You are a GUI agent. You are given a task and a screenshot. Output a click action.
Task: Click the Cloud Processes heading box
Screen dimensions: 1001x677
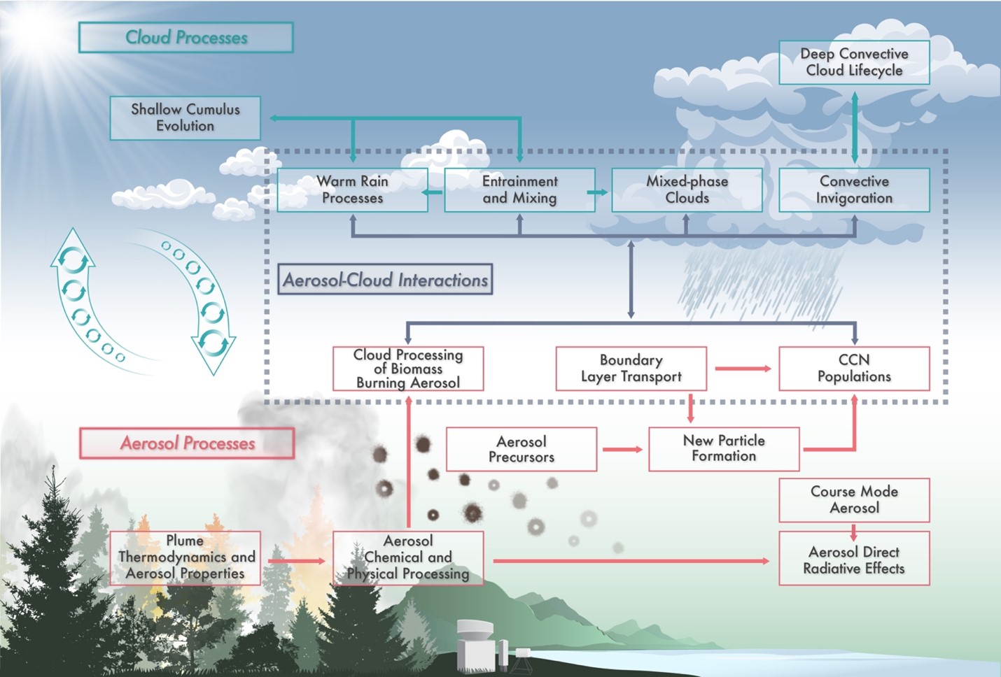pos(186,38)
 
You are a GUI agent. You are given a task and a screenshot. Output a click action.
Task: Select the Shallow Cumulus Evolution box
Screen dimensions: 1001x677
pos(185,118)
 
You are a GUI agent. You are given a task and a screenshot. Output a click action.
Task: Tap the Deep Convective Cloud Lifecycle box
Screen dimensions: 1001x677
pos(854,62)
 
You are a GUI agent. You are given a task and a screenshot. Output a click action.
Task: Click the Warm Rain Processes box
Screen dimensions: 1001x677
pos(352,190)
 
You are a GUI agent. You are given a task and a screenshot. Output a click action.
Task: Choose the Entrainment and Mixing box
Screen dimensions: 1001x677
pos(519,190)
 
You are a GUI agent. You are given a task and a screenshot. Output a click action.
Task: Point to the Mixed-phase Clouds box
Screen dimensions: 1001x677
pos(687,190)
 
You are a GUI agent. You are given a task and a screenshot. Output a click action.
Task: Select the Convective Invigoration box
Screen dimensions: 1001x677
pos(854,190)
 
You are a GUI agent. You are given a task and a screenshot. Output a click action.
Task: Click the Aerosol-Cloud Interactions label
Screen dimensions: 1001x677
pos(385,280)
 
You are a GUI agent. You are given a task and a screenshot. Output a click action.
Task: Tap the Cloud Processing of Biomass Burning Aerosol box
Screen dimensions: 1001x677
pos(408,369)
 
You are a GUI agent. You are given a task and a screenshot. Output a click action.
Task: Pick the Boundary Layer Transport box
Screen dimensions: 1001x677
pos(631,369)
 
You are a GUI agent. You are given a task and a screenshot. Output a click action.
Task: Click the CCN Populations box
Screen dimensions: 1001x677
pos(854,369)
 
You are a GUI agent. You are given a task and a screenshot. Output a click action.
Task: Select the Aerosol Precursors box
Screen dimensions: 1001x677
pos(521,449)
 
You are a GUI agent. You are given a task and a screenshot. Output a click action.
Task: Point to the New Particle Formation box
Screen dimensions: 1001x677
pos(724,449)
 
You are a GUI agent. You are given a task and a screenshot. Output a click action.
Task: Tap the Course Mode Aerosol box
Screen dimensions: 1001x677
pos(854,500)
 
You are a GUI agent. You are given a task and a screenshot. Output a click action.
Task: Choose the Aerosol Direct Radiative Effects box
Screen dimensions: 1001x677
pos(854,558)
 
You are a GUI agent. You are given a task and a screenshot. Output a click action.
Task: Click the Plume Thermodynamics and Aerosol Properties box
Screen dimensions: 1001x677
pos(185,558)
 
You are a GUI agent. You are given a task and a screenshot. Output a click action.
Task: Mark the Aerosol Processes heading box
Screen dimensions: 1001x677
pos(187,443)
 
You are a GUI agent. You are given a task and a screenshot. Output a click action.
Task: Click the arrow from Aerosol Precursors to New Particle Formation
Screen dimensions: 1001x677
pos(622,449)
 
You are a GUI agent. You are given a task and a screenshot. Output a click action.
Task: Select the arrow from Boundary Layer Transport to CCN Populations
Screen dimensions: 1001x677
pos(743,369)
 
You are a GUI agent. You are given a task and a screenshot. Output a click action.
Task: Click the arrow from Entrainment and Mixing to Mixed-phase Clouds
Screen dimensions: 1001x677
pos(598,192)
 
